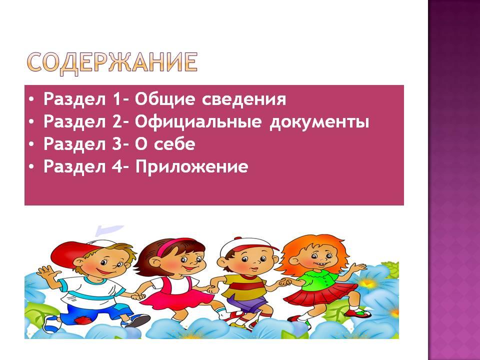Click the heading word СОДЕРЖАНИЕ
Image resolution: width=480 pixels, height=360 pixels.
(112, 62)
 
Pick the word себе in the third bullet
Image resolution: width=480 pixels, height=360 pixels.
(174, 144)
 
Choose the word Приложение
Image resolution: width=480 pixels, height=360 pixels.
(191, 167)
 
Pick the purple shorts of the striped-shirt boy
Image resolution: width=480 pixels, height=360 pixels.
(246, 302)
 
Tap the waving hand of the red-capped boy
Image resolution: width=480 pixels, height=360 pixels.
(46, 272)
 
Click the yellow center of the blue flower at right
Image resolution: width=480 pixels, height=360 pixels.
(367, 282)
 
